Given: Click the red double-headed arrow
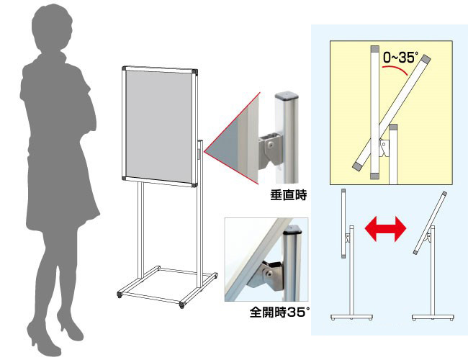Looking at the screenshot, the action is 385,229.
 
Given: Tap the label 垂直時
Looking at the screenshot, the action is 288,195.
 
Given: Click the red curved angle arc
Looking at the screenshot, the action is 395,69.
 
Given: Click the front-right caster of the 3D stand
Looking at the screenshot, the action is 181,305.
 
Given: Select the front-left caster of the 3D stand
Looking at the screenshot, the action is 120,295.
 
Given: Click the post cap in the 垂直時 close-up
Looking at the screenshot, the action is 287,96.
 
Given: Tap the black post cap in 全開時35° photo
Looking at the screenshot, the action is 292,229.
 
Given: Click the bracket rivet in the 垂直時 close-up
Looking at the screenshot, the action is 271,145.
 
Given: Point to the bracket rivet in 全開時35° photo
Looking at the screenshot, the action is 269,273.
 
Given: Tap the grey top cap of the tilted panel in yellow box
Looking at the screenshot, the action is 426,59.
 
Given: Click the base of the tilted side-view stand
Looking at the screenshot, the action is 433,317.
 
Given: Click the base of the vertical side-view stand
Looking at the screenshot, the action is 351,317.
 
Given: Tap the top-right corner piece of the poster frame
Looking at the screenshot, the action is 195,72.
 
